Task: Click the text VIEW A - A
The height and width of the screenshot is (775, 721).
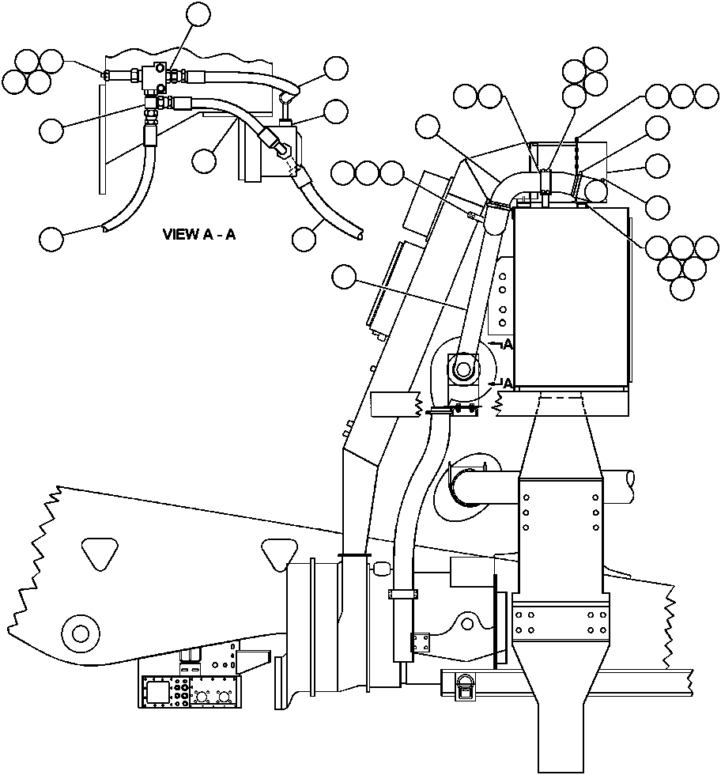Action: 199,234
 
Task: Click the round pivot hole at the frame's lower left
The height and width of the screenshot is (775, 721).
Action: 80,633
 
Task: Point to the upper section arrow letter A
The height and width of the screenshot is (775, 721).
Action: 508,345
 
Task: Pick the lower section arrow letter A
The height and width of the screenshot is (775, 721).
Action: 508,383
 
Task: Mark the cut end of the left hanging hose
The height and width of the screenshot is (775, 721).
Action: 106,229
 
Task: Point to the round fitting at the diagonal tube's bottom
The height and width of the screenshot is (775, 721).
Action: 462,369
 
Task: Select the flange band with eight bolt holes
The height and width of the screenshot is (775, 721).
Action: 561,622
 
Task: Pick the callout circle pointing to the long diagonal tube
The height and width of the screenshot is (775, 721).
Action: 345,277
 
